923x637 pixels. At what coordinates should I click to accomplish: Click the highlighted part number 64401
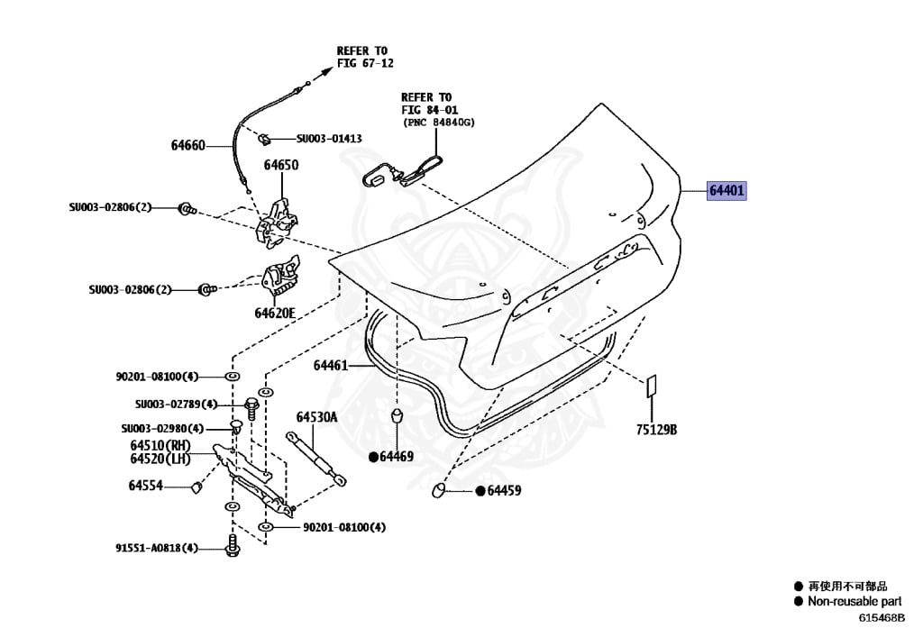(x=727, y=191)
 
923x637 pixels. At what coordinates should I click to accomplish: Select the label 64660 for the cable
(x=188, y=145)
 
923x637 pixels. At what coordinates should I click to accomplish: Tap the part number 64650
(x=280, y=166)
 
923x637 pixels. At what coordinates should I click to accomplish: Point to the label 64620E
(x=274, y=314)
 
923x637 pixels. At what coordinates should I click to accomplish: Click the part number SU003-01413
(x=329, y=139)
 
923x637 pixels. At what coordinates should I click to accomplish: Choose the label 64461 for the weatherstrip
(x=331, y=366)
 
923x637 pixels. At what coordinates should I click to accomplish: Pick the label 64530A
(x=316, y=417)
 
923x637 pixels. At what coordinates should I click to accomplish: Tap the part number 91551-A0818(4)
(x=155, y=548)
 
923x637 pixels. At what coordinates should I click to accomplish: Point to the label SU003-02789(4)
(x=177, y=405)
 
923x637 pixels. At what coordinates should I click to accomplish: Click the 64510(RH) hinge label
(x=160, y=445)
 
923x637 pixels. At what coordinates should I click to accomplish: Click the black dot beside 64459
(x=480, y=491)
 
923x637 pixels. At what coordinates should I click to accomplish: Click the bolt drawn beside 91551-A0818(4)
(x=232, y=546)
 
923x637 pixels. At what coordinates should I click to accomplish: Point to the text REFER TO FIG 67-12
(x=365, y=58)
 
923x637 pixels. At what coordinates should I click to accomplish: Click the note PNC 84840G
(x=438, y=122)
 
